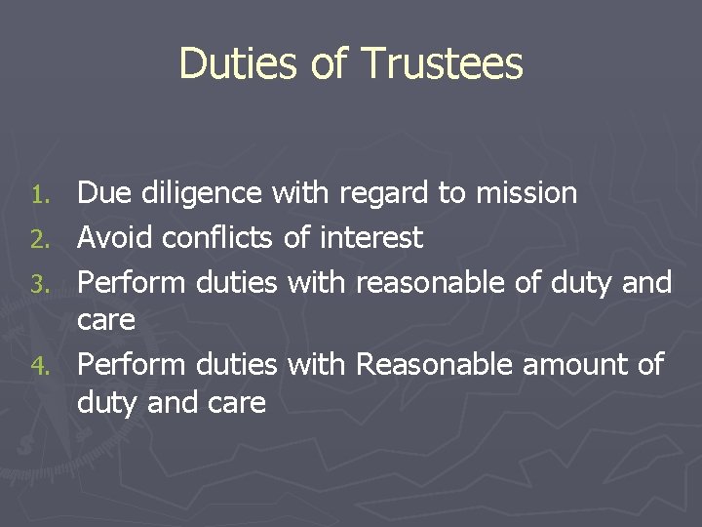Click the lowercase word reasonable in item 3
click(444, 282)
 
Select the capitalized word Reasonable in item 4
click(436, 365)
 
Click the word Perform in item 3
click(133, 282)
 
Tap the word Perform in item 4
click(133, 365)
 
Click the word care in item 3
click(106, 321)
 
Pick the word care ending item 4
click(236, 403)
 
